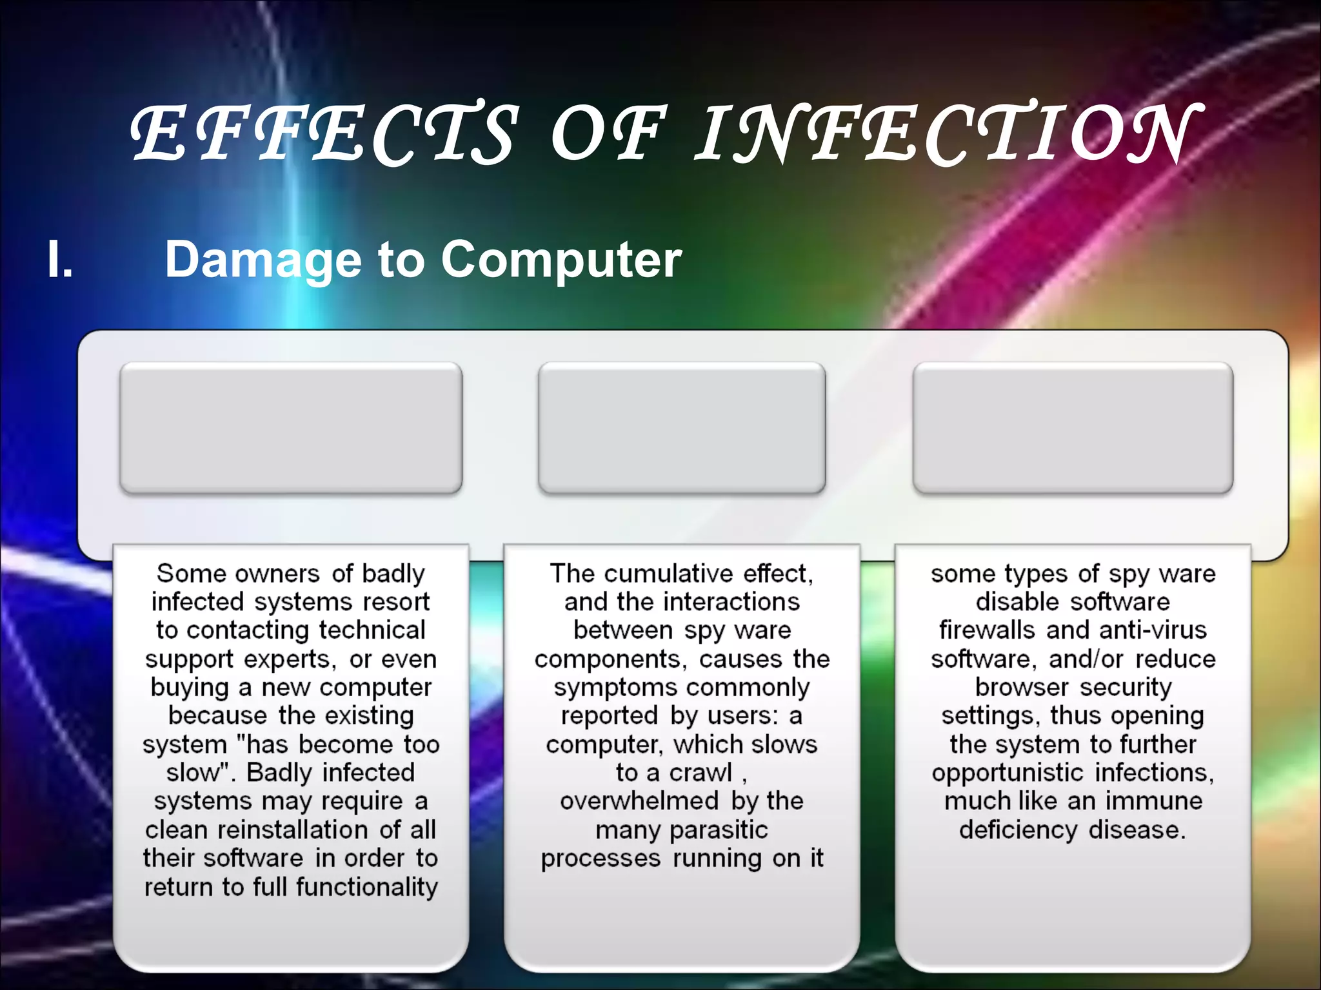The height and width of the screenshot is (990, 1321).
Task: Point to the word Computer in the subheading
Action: pyautogui.click(x=561, y=259)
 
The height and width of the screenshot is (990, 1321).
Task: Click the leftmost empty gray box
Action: pyautogui.click(x=291, y=428)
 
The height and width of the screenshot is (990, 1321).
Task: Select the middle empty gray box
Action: pyautogui.click(x=682, y=428)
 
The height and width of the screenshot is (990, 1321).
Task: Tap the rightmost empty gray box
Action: pyautogui.click(x=1073, y=428)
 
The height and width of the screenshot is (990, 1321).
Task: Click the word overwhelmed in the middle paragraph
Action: pyautogui.click(x=639, y=801)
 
